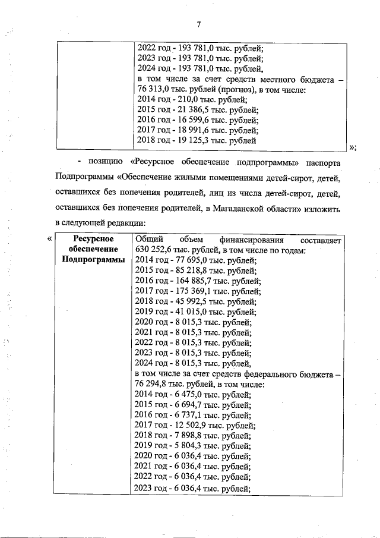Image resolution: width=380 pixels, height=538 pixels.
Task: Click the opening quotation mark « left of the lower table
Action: (x=49, y=239)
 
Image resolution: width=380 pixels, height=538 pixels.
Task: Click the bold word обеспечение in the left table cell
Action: (x=93, y=250)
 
